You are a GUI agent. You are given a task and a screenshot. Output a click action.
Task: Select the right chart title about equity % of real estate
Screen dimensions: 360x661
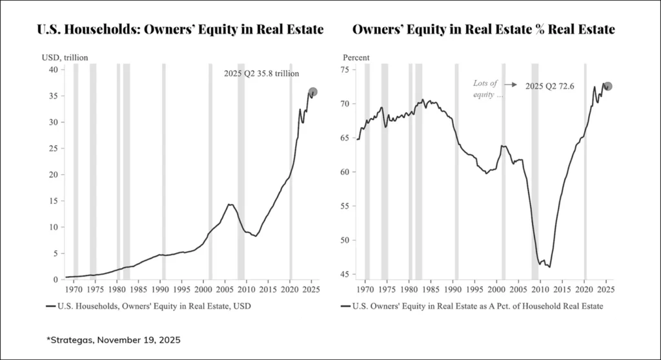point(483,30)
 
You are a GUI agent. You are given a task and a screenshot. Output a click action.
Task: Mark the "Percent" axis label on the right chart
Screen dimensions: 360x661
point(356,57)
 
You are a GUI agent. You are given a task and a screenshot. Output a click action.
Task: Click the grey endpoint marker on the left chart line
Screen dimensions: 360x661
point(313,92)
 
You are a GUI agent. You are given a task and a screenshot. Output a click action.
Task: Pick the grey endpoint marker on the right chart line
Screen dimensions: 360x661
point(608,86)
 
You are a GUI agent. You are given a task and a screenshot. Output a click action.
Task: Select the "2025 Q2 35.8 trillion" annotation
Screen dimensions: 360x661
point(261,74)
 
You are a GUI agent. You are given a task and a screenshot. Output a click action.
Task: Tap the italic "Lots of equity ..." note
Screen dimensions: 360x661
point(488,89)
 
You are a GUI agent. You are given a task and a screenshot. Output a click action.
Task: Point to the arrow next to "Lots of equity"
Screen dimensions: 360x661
point(512,85)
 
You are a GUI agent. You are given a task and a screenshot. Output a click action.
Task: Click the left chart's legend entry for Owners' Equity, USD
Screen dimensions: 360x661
point(148,306)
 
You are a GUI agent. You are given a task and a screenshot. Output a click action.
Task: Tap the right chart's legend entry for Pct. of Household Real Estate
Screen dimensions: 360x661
point(472,306)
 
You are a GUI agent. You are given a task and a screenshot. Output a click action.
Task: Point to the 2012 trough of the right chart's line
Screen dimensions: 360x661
point(549,267)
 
